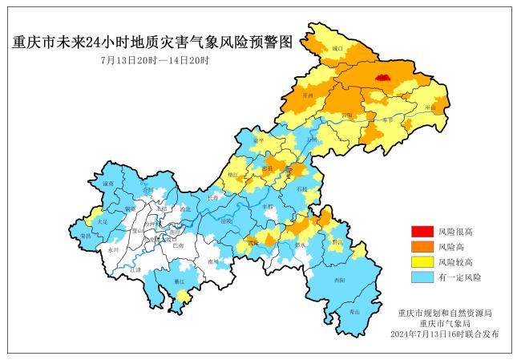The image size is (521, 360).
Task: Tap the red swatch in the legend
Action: point(422,233)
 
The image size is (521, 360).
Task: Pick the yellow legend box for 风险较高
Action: point(422,262)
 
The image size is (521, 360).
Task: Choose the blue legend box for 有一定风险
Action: point(422,277)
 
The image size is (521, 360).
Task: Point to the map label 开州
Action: point(307,95)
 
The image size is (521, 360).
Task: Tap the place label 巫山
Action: point(430,107)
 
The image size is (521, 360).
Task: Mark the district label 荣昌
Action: point(86,237)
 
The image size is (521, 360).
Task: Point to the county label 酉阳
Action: point(340,280)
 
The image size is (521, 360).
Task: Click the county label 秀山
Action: point(354,311)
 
